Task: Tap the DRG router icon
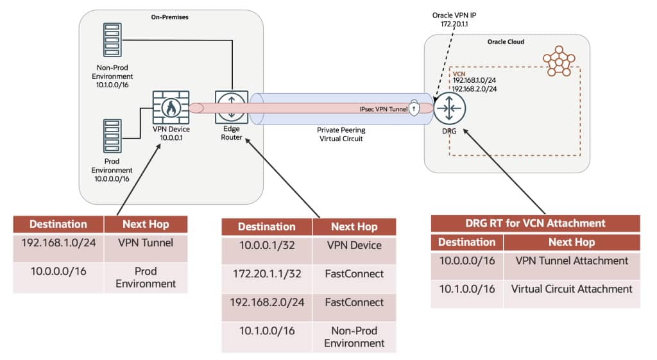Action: [x=449, y=108]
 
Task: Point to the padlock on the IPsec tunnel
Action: [x=414, y=108]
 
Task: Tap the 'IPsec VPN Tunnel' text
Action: [x=384, y=109]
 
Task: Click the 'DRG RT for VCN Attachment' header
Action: [x=536, y=223]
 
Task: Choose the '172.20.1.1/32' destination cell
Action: [x=267, y=274]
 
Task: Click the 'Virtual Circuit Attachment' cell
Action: [x=572, y=289]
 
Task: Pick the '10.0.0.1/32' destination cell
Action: [x=267, y=245]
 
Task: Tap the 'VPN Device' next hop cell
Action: [x=354, y=245]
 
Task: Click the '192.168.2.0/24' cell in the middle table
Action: [x=267, y=302]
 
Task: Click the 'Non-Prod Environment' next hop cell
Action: [x=354, y=336]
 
